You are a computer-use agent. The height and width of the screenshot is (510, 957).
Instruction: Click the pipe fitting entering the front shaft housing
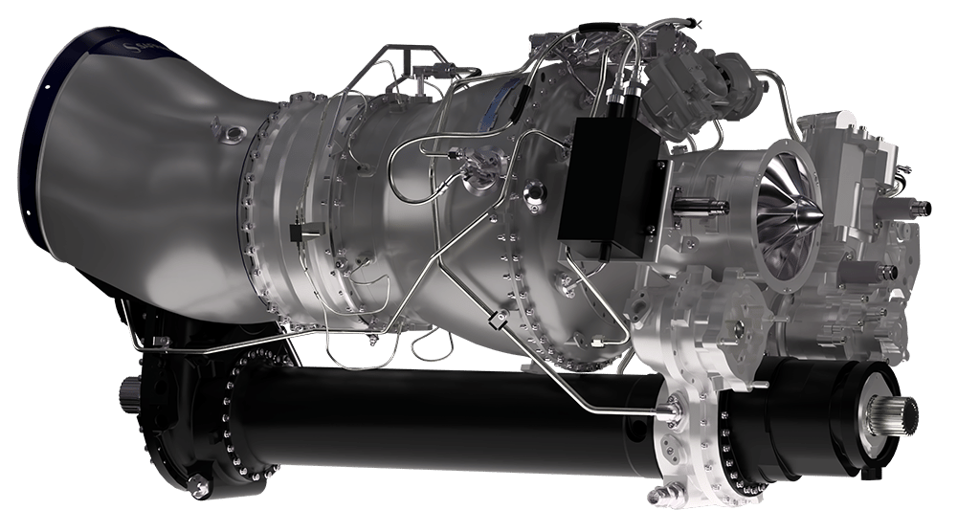(670, 410)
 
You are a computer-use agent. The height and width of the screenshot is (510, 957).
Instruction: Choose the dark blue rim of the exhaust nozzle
(48, 144)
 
